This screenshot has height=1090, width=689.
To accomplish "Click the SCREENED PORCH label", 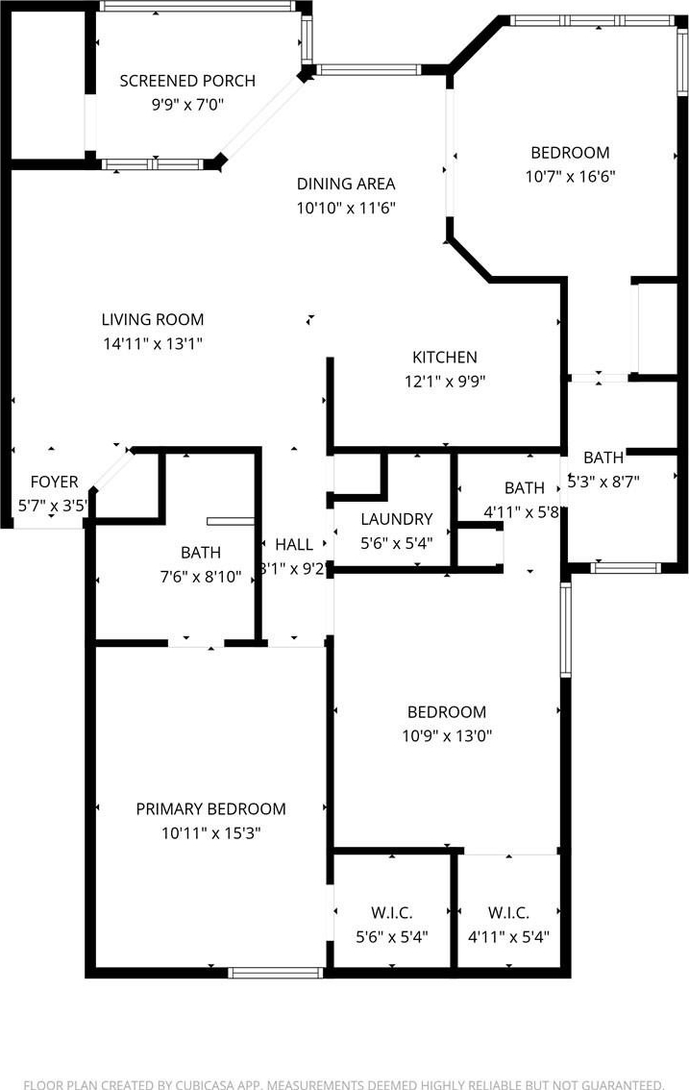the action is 187,81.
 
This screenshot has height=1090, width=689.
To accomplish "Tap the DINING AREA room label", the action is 346,185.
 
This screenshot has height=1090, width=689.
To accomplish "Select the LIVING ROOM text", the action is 153,320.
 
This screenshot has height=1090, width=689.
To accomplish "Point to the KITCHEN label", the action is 445,358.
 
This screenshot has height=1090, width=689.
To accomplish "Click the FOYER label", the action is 54,482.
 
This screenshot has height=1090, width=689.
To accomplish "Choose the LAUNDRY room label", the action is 397,519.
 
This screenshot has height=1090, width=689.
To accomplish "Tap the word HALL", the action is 294,544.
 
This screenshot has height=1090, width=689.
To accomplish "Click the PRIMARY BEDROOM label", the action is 210,809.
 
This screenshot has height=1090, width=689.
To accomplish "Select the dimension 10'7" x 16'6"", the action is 570,177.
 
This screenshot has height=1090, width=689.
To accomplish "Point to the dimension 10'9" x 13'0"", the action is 447,735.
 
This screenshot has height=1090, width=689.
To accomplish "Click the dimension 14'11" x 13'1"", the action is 153,343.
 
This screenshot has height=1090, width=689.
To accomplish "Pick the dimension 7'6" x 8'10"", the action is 201,577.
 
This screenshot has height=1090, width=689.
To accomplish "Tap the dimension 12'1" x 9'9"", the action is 445,381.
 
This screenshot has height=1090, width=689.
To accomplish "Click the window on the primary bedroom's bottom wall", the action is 276,973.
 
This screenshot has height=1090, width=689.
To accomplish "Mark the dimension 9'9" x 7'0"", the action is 187,105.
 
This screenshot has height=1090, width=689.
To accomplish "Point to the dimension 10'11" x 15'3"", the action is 210,832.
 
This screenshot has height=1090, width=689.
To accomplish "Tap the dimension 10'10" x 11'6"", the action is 346,208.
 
